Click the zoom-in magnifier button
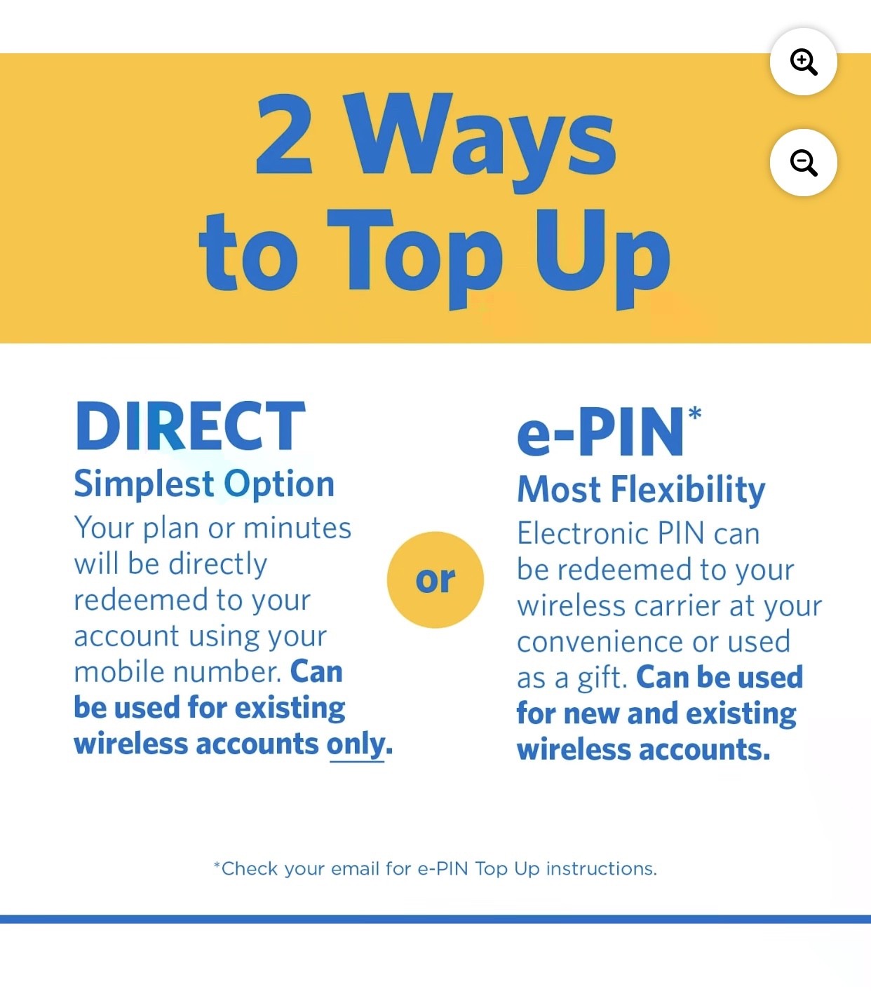pyautogui.click(x=804, y=62)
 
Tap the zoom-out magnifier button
pyautogui.click(x=804, y=163)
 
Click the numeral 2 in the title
pyautogui.click(x=284, y=134)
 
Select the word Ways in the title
pyautogui.click(x=479, y=142)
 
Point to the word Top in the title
pyautogui.click(x=415, y=257)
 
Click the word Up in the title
pyautogui.click(x=602, y=259)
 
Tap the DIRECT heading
pyautogui.click(x=191, y=425)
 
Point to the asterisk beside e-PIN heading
pyautogui.click(x=695, y=414)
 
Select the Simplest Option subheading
pyautogui.click(x=204, y=484)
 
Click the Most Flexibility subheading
pyautogui.click(x=641, y=490)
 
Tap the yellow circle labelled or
pyautogui.click(x=435, y=580)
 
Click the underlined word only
pyautogui.click(x=356, y=746)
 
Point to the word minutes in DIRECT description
pyautogui.click(x=297, y=528)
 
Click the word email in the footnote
pyautogui.click(x=355, y=869)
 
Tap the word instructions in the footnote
pyautogui.click(x=601, y=869)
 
